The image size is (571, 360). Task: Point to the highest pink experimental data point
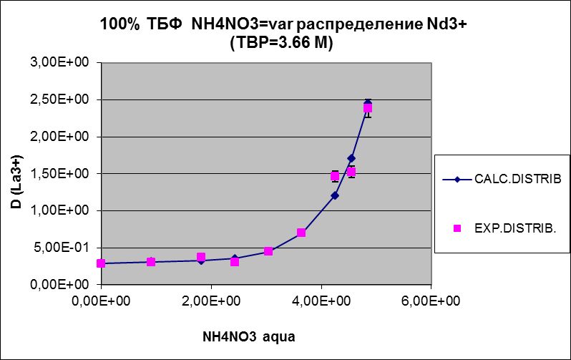(x=368, y=109)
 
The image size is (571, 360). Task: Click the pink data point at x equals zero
(x=101, y=263)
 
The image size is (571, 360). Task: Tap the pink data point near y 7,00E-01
(x=301, y=233)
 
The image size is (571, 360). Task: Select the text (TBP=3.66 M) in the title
(x=282, y=43)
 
